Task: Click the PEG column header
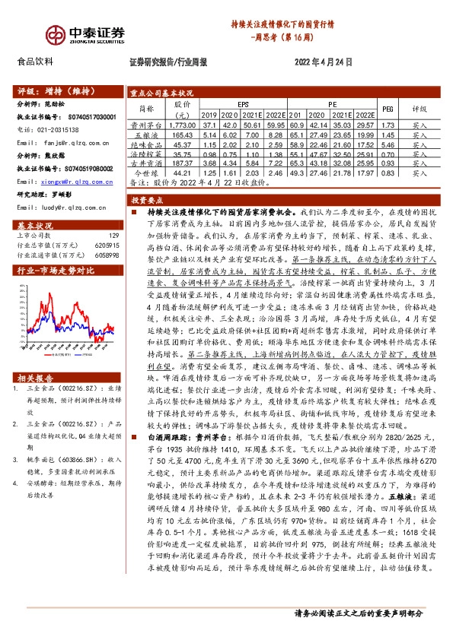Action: point(387,109)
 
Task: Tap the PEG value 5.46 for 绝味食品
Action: point(387,144)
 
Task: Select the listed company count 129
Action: point(113,236)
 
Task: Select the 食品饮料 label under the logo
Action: point(35,62)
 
